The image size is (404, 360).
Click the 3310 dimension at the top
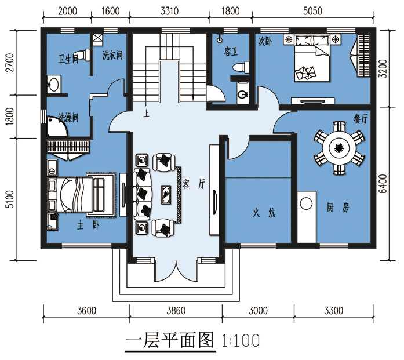click(x=169, y=11)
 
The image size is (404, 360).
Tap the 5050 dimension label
click(x=312, y=11)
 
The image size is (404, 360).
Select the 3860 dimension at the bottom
click(x=176, y=311)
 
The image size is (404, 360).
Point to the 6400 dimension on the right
click(x=383, y=184)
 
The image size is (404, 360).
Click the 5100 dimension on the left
click(x=10, y=199)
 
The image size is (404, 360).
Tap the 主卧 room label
click(x=88, y=226)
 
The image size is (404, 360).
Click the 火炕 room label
click(x=264, y=213)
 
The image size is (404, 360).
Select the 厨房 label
click(x=337, y=208)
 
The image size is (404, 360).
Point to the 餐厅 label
click(x=361, y=119)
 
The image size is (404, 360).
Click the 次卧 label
click(x=265, y=41)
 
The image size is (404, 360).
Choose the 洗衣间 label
click(x=112, y=55)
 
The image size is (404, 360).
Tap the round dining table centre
click(x=339, y=148)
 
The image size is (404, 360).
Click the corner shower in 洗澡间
click(x=57, y=126)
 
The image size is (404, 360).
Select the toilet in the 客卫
click(x=241, y=67)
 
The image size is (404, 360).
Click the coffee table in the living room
click(x=166, y=195)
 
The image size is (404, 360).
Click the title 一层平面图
click(x=170, y=340)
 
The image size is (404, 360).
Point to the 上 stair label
click(x=146, y=114)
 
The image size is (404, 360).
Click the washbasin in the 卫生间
click(x=54, y=84)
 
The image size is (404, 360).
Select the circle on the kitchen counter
click(x=307, y=203)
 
